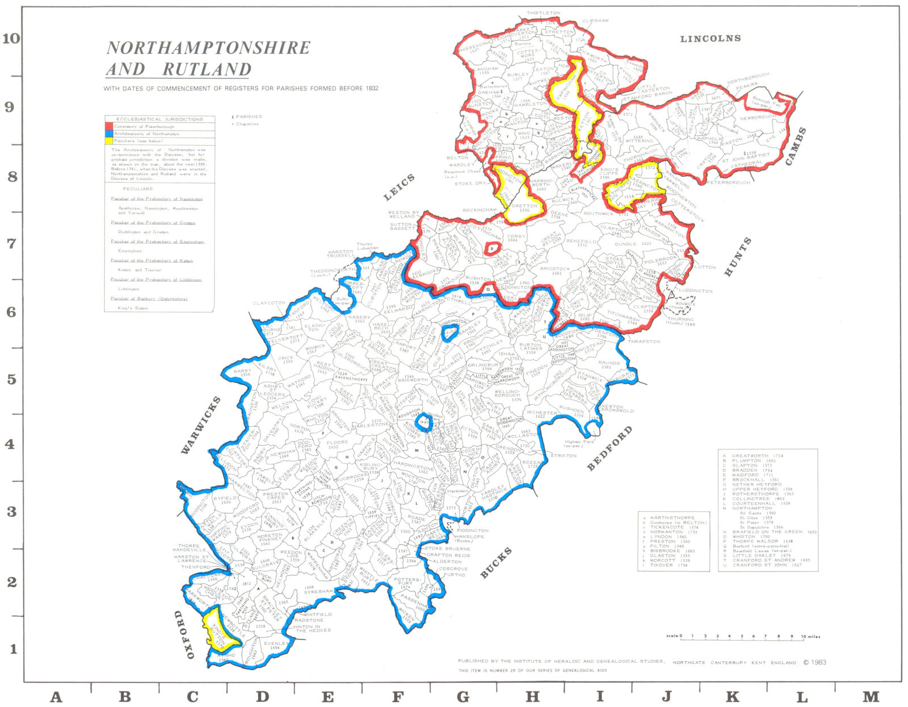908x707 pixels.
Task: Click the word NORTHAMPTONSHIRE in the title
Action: [208, 48]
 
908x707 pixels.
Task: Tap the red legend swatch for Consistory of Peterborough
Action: [109, 127]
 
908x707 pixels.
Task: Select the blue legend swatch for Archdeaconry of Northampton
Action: [109, 134]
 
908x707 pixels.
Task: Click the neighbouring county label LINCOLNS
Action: [711, 39]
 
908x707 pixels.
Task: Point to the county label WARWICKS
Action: [200, 426]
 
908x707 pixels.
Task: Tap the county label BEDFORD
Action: [609, 449]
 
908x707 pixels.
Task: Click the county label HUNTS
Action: [738, 257]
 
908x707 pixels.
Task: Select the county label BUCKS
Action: [496, 563]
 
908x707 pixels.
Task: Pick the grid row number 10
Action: [11, 39]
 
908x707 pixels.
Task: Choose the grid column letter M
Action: [871, 696]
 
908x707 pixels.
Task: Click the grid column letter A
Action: [56, 696]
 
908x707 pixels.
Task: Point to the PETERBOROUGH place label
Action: [728, 182]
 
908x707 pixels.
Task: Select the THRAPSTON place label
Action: [644, 342]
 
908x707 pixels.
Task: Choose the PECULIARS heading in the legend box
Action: [138, 189]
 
